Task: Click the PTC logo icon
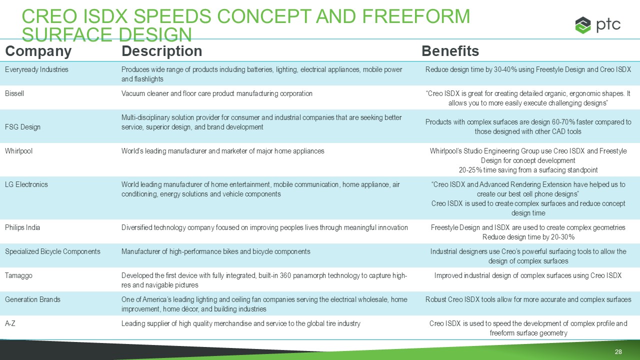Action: pyautogui.click(x=583, y=25)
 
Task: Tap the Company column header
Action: pyautogui.click(x=38, y=51)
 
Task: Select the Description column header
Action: pyautogui.click(x=161, y=51)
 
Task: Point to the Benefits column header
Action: pyautogui.click(x=450, y=51)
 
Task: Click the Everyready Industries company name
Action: pyautogui.click(x=36, y=69)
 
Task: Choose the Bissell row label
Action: pyautogui.click(x=14, y=93)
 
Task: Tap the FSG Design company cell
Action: pyautogui.click(x=22, y=127)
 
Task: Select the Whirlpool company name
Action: pyautogui.click(x=18, y=151)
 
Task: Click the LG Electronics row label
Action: pyautogui.click(x=26, y=184)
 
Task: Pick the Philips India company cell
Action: pyautogui.click(x=22, y=227)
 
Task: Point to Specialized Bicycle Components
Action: pyautogui.click(x=52, y=251)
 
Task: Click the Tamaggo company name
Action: pyautogui.click(x=18, y=275)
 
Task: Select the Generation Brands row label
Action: pyautogui.click(x=32, y=299)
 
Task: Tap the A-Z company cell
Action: pyautogui.click(x=10, y=323)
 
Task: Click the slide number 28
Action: pyautogui.click(x=618, y=351)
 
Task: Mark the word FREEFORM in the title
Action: pyautogui.click(x=415, y=16)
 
